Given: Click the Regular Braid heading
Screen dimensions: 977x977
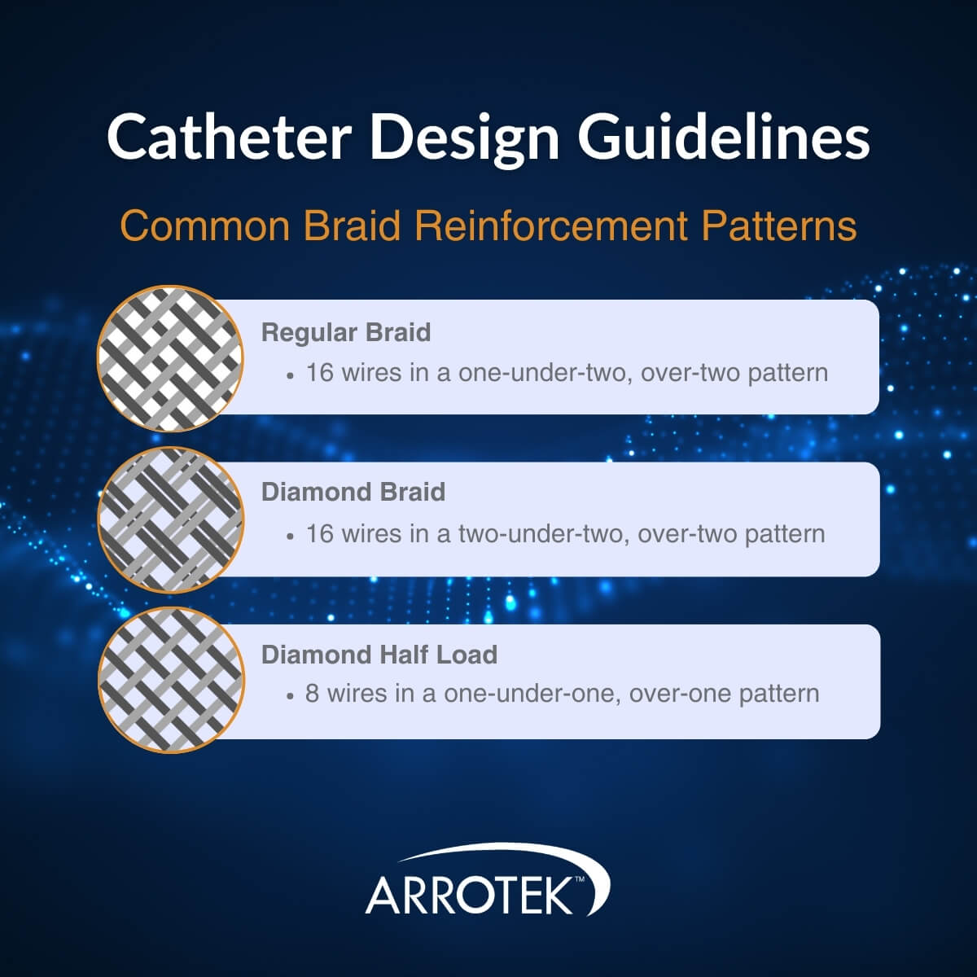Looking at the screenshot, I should point(346,332).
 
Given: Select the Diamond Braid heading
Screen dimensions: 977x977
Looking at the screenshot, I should point(353,492).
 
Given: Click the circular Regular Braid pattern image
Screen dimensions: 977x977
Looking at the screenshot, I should point(170,358).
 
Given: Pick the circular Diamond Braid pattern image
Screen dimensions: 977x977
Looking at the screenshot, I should point(170,519).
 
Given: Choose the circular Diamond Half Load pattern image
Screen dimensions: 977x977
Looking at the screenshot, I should point(170,681).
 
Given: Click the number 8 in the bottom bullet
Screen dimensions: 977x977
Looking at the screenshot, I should point(313,694).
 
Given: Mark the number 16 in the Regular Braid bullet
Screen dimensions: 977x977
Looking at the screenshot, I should point(320,373).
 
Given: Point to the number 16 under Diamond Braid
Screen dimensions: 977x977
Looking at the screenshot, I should point(320,533).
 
